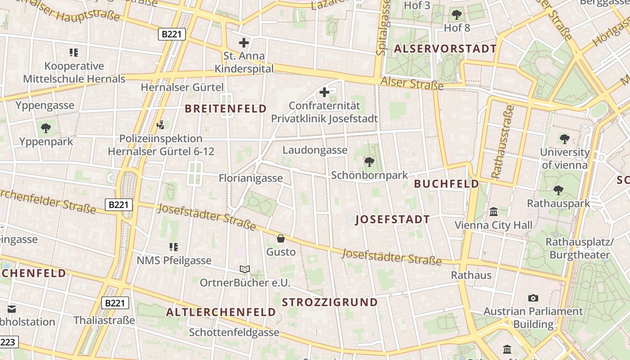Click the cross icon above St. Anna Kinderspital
coord(243,43)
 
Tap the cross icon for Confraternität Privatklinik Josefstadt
coord(324,92)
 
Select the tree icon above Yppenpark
coord(46,128)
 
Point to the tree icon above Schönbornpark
coord(369,161)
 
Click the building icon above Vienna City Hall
coord(494,211)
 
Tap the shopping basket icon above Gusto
coord(281,238)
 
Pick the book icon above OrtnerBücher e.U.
coord(245,269)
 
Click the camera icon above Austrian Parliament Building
coord(533,298)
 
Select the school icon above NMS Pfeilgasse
coord(174,247)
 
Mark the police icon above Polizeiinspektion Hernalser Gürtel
coord(160,125)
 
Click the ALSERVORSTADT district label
coord(445,49)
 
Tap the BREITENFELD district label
coord(226,108)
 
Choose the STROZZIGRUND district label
coord(330,302)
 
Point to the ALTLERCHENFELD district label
coord(221,312)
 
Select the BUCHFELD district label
coord(446,184)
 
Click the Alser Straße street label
coord(412,83)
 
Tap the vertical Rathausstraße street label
coord(503,142)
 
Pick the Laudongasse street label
coord(315,150)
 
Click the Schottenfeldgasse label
coord(234,333)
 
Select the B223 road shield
coord(8,342)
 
